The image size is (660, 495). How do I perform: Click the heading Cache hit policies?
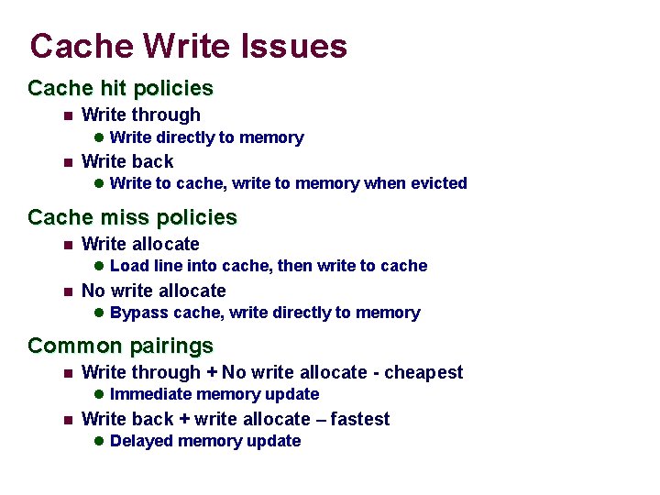point(120,89)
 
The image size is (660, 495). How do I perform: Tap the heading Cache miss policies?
point(132,218)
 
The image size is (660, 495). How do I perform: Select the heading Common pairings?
point(120,346)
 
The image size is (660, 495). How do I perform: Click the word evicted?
point(437,183)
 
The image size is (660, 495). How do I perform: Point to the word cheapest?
point(423,372)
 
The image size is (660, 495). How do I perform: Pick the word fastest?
point(360,419)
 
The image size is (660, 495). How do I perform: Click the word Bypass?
point(136,313)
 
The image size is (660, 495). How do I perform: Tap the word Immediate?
point(148,394)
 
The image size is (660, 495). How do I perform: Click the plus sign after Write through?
point(211,373)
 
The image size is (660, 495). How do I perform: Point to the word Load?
point(127,266)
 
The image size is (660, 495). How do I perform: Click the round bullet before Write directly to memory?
point(99,137)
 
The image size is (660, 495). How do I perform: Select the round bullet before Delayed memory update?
point(99,441)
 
